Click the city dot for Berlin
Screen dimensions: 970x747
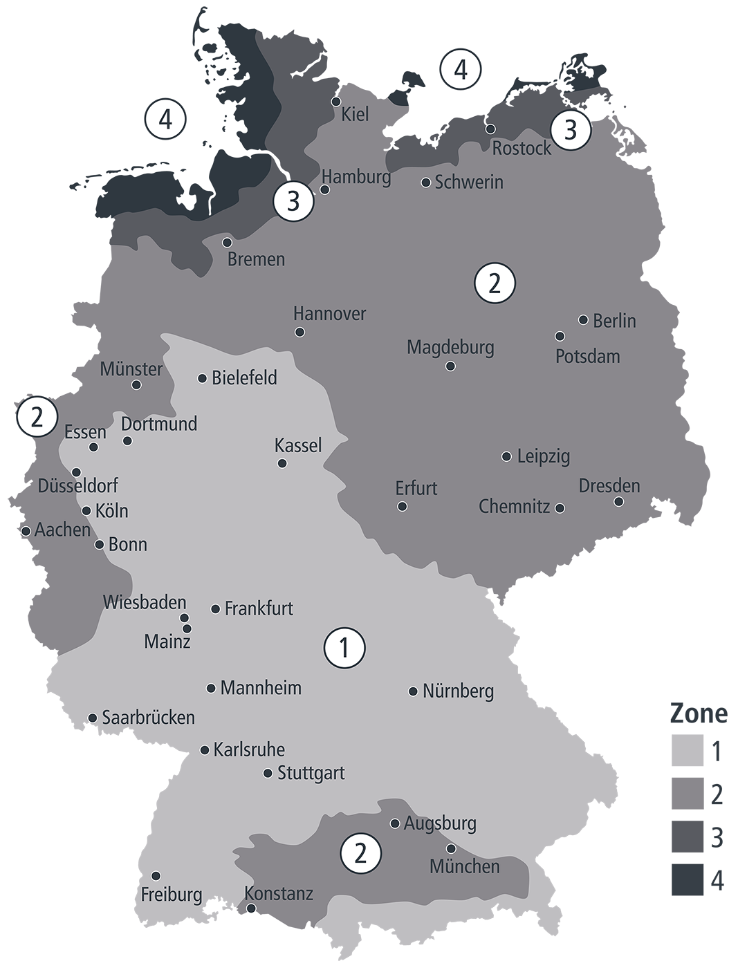583,319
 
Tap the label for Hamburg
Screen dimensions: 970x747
356,177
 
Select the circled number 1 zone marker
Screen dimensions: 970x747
344,648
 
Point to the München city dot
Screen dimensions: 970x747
451,848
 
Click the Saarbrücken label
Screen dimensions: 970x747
148,718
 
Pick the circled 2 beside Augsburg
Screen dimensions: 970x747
360,854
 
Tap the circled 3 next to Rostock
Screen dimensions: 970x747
571,130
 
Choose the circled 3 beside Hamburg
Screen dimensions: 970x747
293,202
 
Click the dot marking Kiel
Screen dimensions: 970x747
336,101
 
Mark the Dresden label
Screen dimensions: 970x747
609,485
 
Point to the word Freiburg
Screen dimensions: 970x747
172,895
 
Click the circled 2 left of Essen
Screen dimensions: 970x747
37,417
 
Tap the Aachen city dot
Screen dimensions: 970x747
26,531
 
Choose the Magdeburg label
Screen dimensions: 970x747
450,346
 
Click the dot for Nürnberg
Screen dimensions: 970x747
413,691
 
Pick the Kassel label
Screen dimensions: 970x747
298,445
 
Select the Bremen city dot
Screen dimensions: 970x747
227,242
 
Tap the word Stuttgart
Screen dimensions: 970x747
311,773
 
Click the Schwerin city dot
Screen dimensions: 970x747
426,183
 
